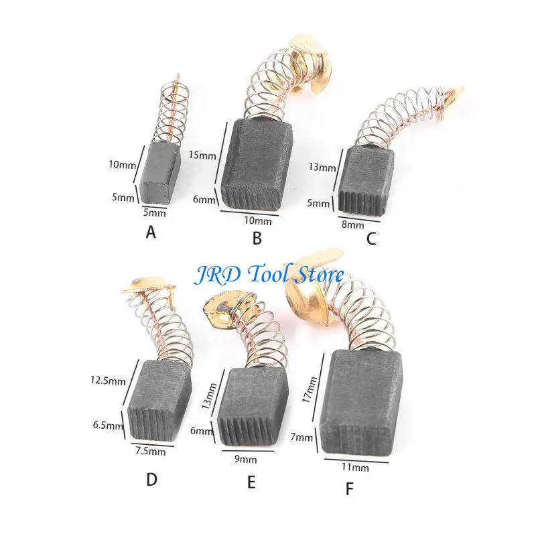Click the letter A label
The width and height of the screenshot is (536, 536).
coord(151,232)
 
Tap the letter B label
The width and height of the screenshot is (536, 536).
coord(257,238)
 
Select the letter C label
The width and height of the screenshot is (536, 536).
coord(371,239)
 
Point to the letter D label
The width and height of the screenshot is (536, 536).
coord(152,480)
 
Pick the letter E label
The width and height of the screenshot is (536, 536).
coord(251,482)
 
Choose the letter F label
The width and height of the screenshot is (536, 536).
coord(349,489)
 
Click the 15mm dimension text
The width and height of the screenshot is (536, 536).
coord(203,155)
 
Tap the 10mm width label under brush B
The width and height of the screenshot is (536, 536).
coord(258,221)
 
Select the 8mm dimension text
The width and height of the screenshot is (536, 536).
coord(353,225)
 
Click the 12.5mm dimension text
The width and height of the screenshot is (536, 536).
coord(108,381)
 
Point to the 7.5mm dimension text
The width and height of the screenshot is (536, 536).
coord(150,451)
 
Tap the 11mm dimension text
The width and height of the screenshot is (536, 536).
coord(356,467)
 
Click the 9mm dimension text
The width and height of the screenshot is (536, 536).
coord(245,460)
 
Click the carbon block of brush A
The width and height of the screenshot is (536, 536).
coord(157,174)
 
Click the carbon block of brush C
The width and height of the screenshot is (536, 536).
coord(367,180)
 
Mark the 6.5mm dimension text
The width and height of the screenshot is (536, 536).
coord(109,425)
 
